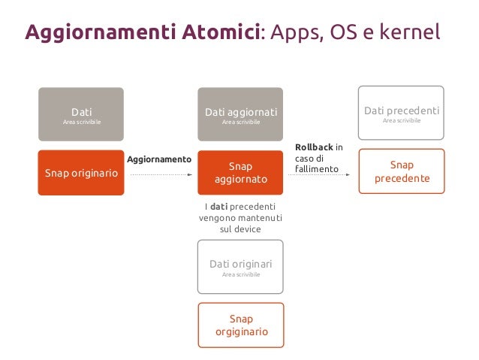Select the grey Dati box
tap(81, 114)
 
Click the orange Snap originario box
tap(81, 173)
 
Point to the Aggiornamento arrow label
tap(159, 160)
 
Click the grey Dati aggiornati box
tap(241, 114)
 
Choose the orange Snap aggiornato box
tap(241, 173)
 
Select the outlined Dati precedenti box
tap(401, 113)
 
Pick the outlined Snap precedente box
tap(402, 171)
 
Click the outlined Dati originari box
tap(241, 266)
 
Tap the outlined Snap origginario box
tap(241, 325)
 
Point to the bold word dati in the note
tap(218, 207)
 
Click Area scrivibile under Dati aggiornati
tap(241, 123)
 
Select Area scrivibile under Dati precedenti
tap(401, 120)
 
